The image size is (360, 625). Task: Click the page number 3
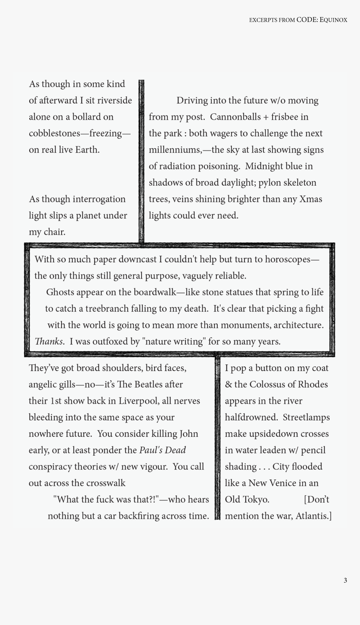point(345,580)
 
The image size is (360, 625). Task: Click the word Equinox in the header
point(334,20)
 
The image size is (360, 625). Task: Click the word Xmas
point(311,199)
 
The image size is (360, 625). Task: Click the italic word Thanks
point(49,341)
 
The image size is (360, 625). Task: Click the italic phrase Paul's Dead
point(162,450)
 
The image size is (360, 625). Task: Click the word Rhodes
point(313,384)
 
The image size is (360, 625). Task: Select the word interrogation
point(99,199)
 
